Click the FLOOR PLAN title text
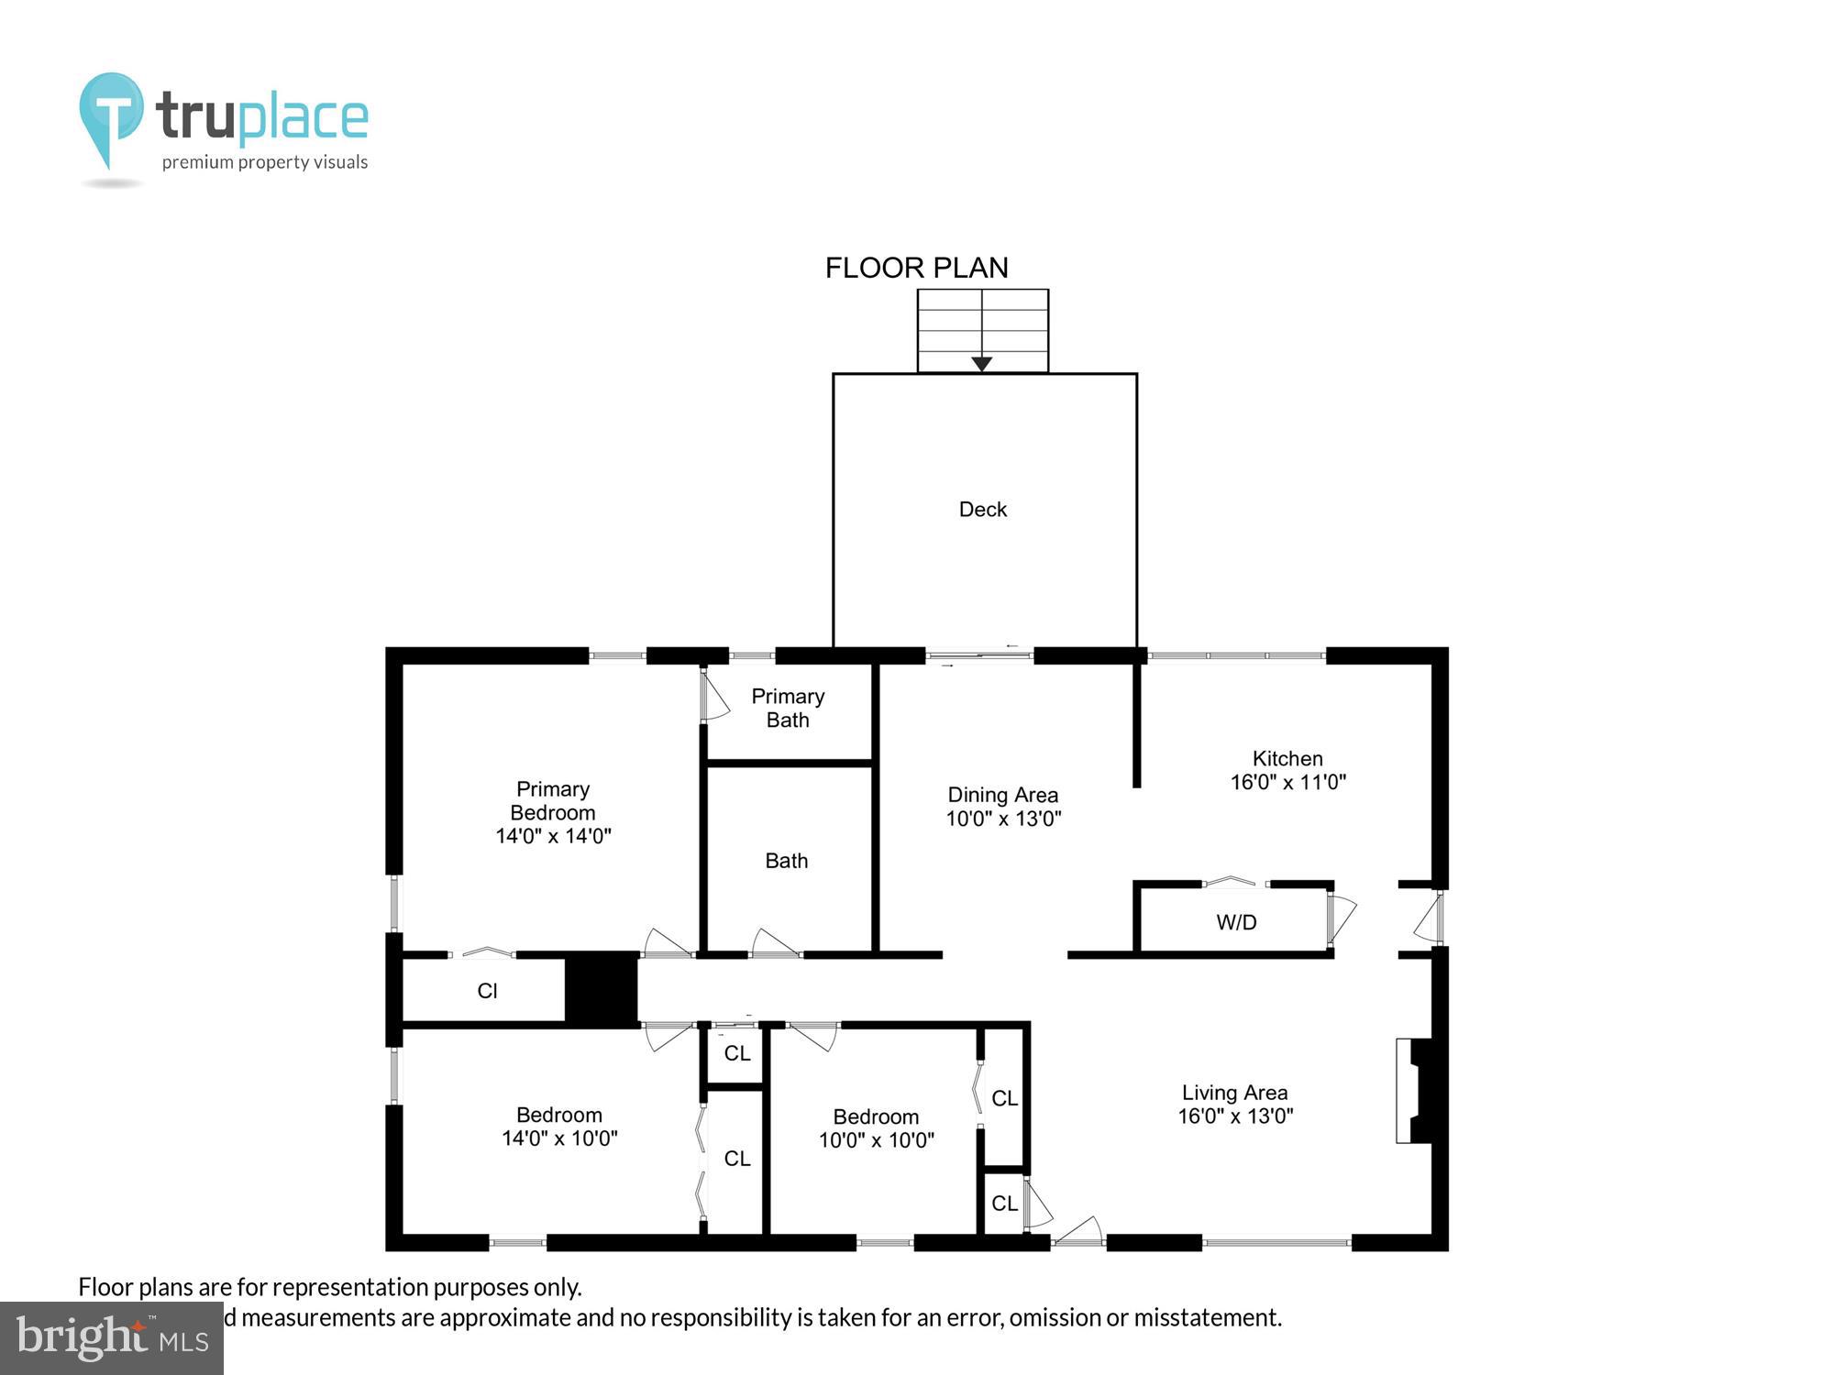[x=916, y=268]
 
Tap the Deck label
[x=982, y=510]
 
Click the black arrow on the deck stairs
[x=981, y=364]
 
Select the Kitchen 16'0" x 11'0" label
[x=1287, y=770]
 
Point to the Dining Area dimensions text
[x=1003, y=819]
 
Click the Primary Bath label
[x=788, y=708]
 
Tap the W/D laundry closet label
[x=1236, y=922]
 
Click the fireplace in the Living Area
[x=1417, y=1091]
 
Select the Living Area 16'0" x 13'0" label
[x=1234, y=1104]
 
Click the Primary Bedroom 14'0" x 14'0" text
[x=553, y=812]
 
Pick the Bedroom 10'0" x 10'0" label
[x=876, y=1128]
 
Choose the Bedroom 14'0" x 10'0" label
[x=559, y=1127]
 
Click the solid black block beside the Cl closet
[x=601, y=988]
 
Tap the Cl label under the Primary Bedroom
[x=487, y=991]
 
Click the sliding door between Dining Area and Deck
[x=979, y=655]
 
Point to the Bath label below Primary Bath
[x=786, y=861]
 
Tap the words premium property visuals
[x=264, y=162]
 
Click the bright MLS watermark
[x=111, y=1337]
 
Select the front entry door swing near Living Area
[x=1080, y=1230]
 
